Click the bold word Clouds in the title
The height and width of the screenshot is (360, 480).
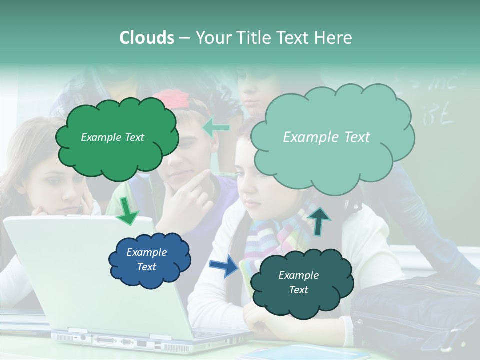[x=147, y=38]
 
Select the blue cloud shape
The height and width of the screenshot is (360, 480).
[x=149, y=259]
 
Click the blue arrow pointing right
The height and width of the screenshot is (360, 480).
[x=223, y=265]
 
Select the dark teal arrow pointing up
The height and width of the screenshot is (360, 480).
[x=320, y=221]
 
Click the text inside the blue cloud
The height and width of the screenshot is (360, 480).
[x=147, y=259]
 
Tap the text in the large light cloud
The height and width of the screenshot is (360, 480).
[x=326, y=137]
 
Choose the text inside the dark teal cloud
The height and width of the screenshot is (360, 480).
[x=298, y=282]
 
